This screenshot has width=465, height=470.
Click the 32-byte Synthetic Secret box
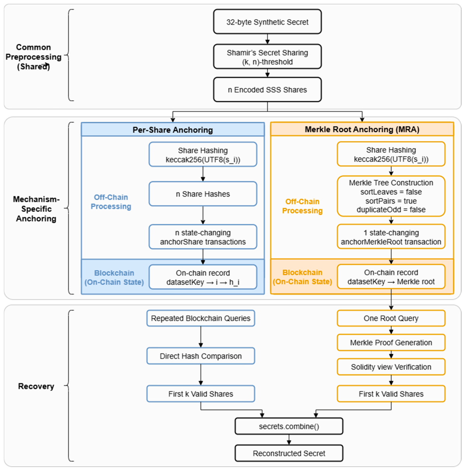pyautogui.click(x=267, y=22)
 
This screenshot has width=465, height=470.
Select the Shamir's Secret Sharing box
pyautogui.click(x=267, y=57)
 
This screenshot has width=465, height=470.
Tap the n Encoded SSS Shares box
pyautogui.click(x=267, y=89)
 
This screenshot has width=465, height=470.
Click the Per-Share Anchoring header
pyautogui.click(x=172, y=129)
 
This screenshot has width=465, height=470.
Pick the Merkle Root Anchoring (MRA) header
pyautogui.click(x=362, y=129)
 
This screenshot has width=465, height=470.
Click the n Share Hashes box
pyautogui.click(x=203, y=194)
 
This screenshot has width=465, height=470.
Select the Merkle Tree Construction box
pyautogui.click(x=391, y=196)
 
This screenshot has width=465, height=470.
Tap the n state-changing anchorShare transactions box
pyautogui.click(x=203, y=237)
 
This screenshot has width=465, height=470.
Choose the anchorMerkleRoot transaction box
pyautogui.click(x=391, y=237)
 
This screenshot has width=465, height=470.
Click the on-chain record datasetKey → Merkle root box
pyautogui.click(x=391, y=277)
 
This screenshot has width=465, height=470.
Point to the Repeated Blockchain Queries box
pyautogui.click(x=200, y=318)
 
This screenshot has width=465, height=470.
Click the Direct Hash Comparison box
pyautogui.click(x=200, y=356)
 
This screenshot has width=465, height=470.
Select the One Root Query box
pyautogui.click(x=391, y=318)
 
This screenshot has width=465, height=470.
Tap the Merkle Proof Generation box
pyautogui.click(x=391, y=343)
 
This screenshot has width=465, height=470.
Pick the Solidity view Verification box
pyautogui.click(x=391, y=367)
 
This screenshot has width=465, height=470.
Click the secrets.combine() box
pyautogui.click(x=289, y=426)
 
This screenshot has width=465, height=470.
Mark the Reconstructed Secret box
pyautogui.click(x=289, y=453)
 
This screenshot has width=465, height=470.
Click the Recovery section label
pyautogui.click(x=36, y=386)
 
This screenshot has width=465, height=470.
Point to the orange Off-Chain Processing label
pyautogui.click(x=302, y=206)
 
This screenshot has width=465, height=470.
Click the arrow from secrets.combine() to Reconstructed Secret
pyautogui.click(x=289, y=440)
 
